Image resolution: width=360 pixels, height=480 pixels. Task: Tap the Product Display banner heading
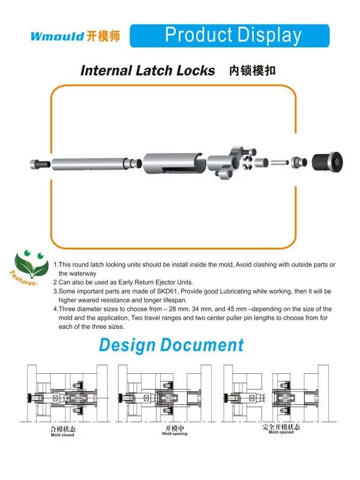(233, 35)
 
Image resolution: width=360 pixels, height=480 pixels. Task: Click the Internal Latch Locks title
(148, 70)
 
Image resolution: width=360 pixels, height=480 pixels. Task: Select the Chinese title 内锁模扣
(253, 70)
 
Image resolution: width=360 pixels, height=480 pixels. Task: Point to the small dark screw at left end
(39, 163)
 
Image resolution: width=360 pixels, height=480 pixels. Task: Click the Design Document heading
(171, 346)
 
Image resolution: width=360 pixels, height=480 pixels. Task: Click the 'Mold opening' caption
(175, 434)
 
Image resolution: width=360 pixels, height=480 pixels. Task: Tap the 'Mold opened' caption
(281, 432)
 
